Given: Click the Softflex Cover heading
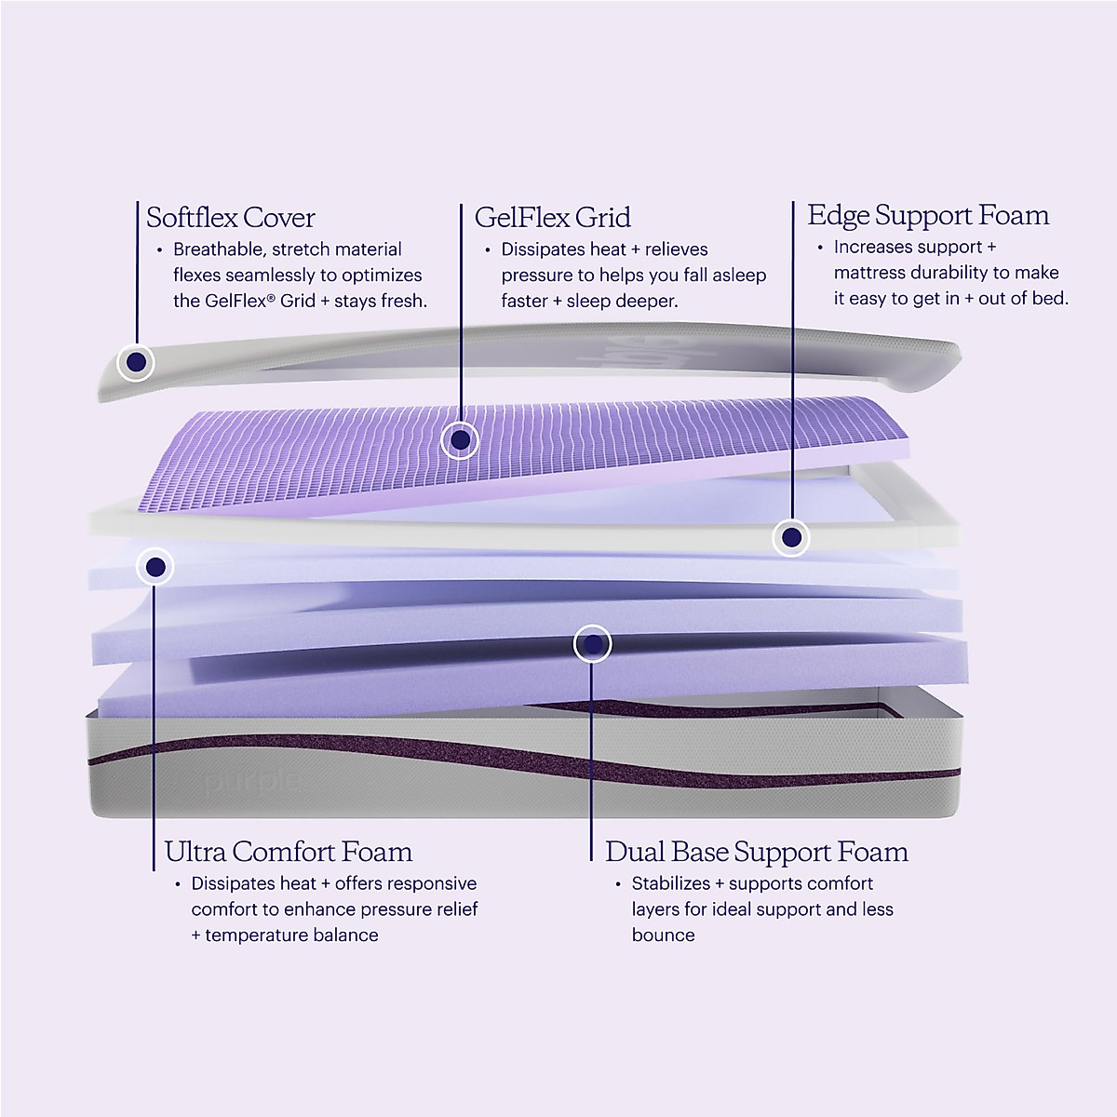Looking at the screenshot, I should (x=231, y=218).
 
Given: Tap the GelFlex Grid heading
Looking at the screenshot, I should (x=552, y=218).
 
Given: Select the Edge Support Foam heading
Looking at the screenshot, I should (x=928, y=215).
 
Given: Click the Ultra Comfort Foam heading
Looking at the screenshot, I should (x=288, y=851).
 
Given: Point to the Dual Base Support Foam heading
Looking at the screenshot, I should (x=756, y=851).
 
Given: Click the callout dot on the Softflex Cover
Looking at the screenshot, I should (x=136, y=361).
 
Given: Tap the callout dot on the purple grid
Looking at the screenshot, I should (x=459, y=438).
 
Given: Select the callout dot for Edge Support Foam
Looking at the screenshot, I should (x=791, y=537).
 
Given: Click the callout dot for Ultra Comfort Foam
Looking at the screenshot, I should (x=155, y=566).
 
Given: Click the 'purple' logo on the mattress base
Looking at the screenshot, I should (x=252, y=781).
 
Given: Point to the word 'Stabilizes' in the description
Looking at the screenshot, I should (x=670, y=883).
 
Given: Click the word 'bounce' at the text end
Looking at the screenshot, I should (x=663, y=935).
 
